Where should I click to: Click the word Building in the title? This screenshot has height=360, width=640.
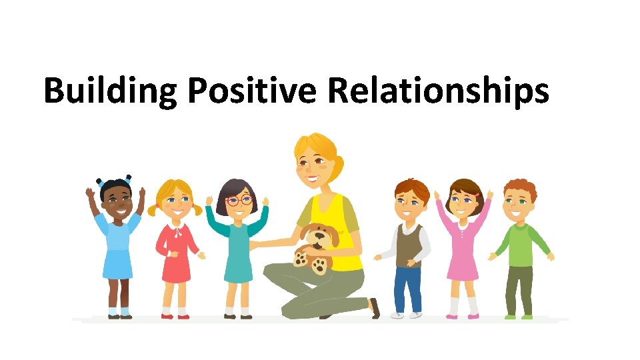[110, 91]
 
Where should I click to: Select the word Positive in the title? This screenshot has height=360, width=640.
[251, 91]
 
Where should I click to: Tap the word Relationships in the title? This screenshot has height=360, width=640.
[438, 91]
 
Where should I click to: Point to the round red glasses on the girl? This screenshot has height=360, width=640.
[240, 200]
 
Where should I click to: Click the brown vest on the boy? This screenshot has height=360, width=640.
[408, 244]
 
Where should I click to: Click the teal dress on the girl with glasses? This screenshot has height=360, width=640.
[238, 250]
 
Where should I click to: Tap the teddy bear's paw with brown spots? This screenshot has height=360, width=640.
[319, 265]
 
